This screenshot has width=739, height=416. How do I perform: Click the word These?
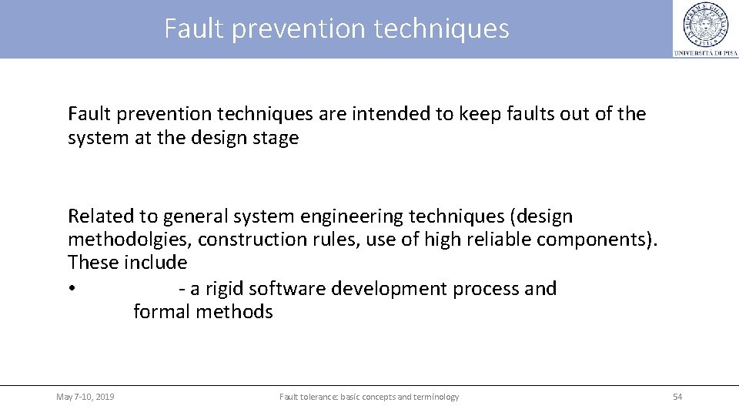[91, 263]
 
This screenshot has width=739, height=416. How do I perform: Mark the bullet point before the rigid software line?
[71, 289]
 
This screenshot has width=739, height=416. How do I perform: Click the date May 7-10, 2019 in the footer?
[85, 397]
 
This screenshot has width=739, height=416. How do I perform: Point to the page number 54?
[677, 397]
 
